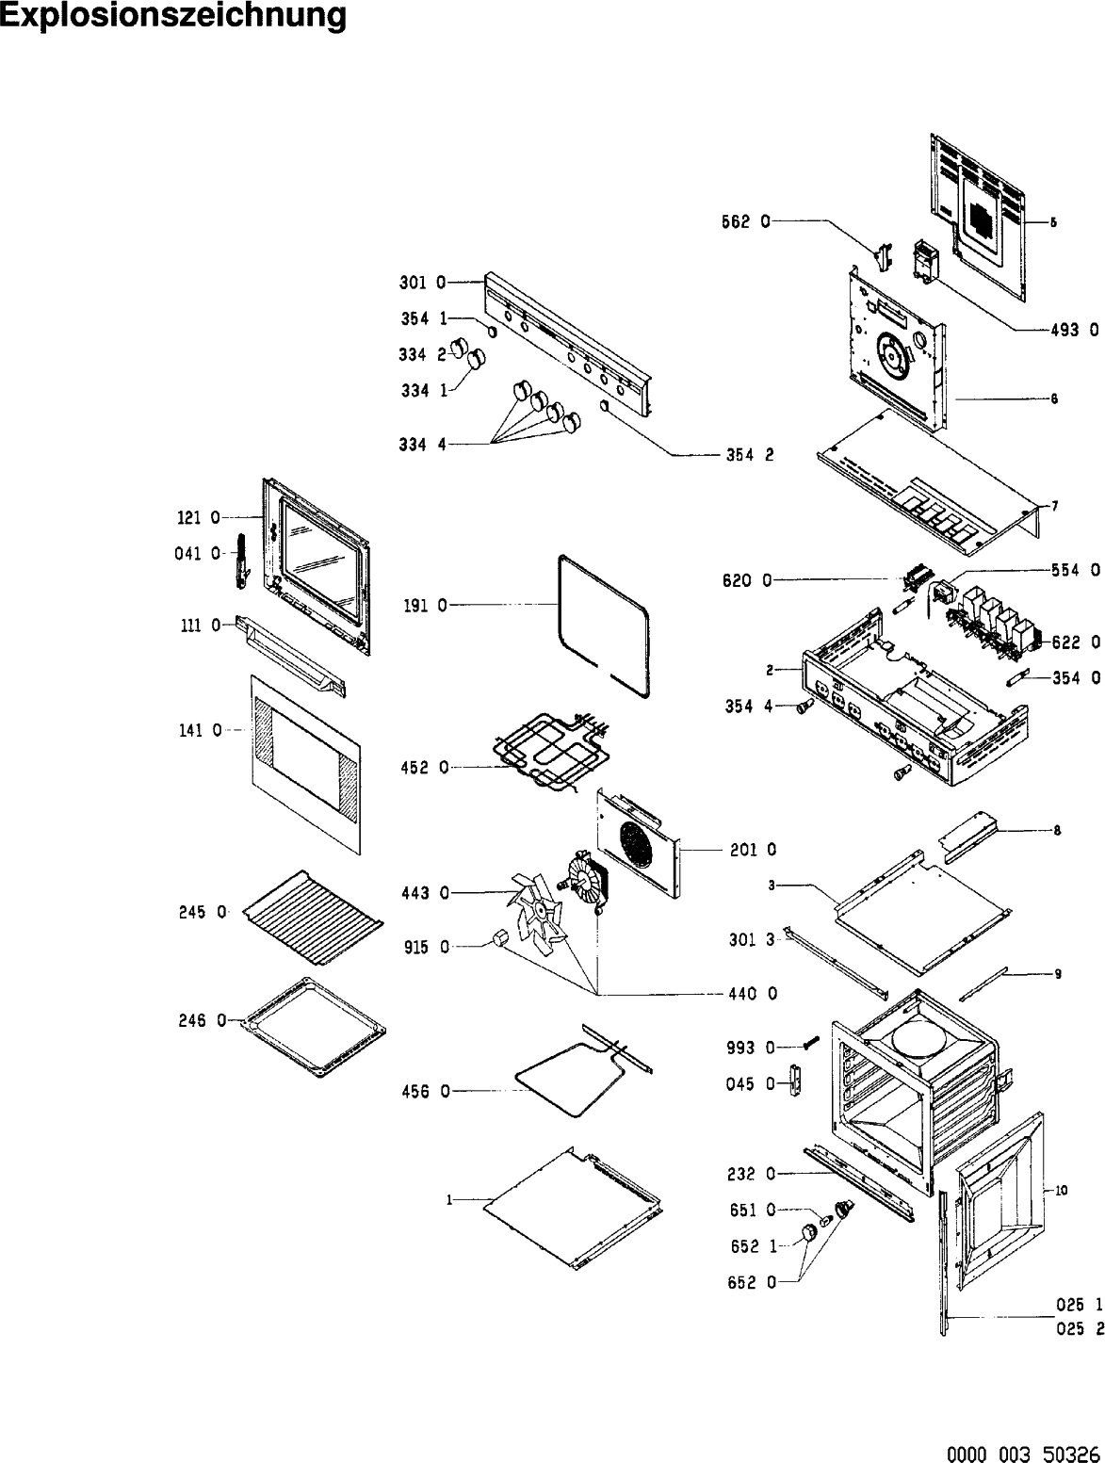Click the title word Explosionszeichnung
point(173,17)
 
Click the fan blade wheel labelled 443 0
point(537,909)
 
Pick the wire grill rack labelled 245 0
point(311,914)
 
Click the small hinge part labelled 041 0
point(241,561)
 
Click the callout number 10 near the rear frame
point(1062,1191)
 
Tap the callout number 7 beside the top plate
point(1054,506)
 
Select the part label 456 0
point(429,1091)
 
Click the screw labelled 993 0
point(811,1043)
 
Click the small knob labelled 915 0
point(501,936)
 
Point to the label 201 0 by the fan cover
point(754,850)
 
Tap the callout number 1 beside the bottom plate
point(450,1200)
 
